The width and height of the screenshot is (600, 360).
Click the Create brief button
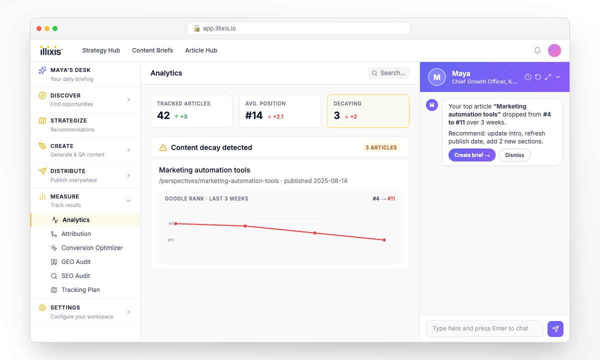point(472,155)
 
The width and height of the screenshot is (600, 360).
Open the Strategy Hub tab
point(101,50)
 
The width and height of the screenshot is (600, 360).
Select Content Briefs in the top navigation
point(152,50)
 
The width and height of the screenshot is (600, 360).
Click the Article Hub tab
point(201,50)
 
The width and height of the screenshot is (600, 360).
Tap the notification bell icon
point(537,50)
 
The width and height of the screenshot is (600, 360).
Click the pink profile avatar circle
point(554,50)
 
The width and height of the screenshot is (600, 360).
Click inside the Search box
point(388,73)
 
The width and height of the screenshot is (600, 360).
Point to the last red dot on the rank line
point(384,240)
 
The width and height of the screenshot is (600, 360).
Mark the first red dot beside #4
point(175,223)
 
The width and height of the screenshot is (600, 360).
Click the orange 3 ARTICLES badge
point(381,147)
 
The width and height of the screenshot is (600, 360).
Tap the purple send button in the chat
point(555,328)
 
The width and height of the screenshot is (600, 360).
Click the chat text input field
point(484,328)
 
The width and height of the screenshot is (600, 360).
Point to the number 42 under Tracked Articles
point(163,115)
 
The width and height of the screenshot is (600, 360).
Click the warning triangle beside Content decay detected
point(163,147)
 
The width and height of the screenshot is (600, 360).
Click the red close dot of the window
point(39,28)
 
